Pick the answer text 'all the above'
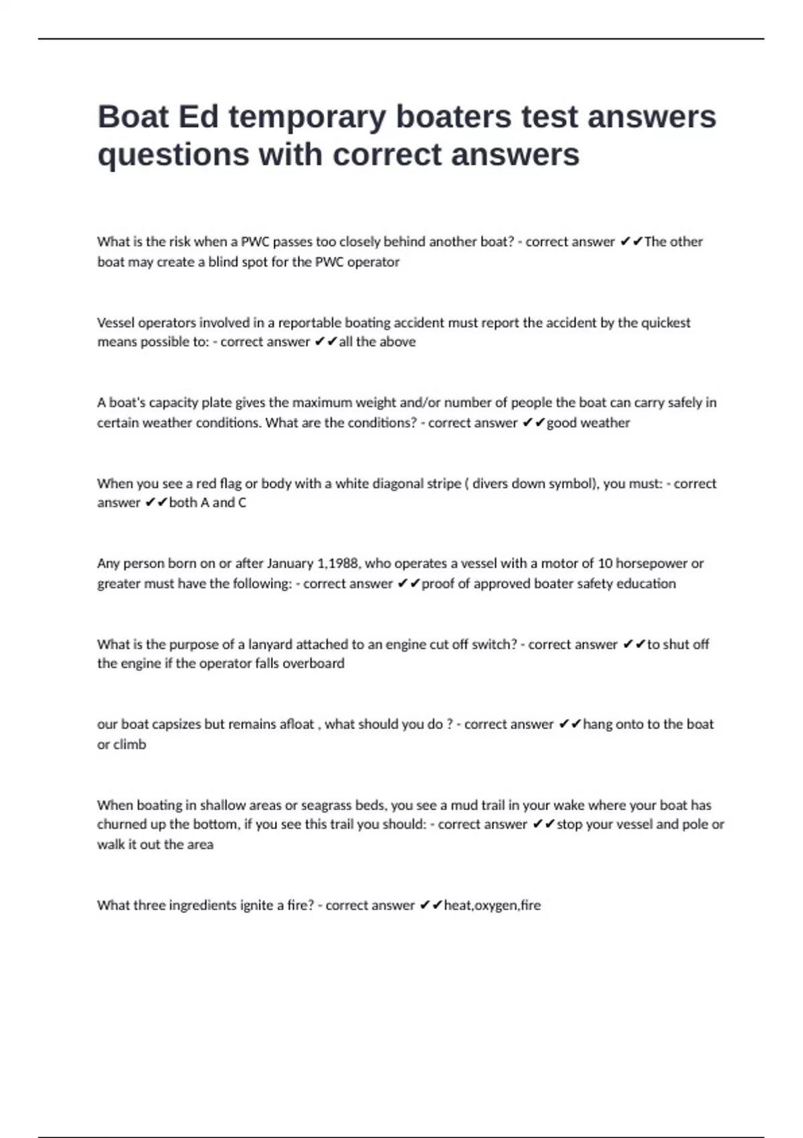[377, 342]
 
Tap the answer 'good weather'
[588, 422]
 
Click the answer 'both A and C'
[207, 503]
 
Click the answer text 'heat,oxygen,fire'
[493, 905]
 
